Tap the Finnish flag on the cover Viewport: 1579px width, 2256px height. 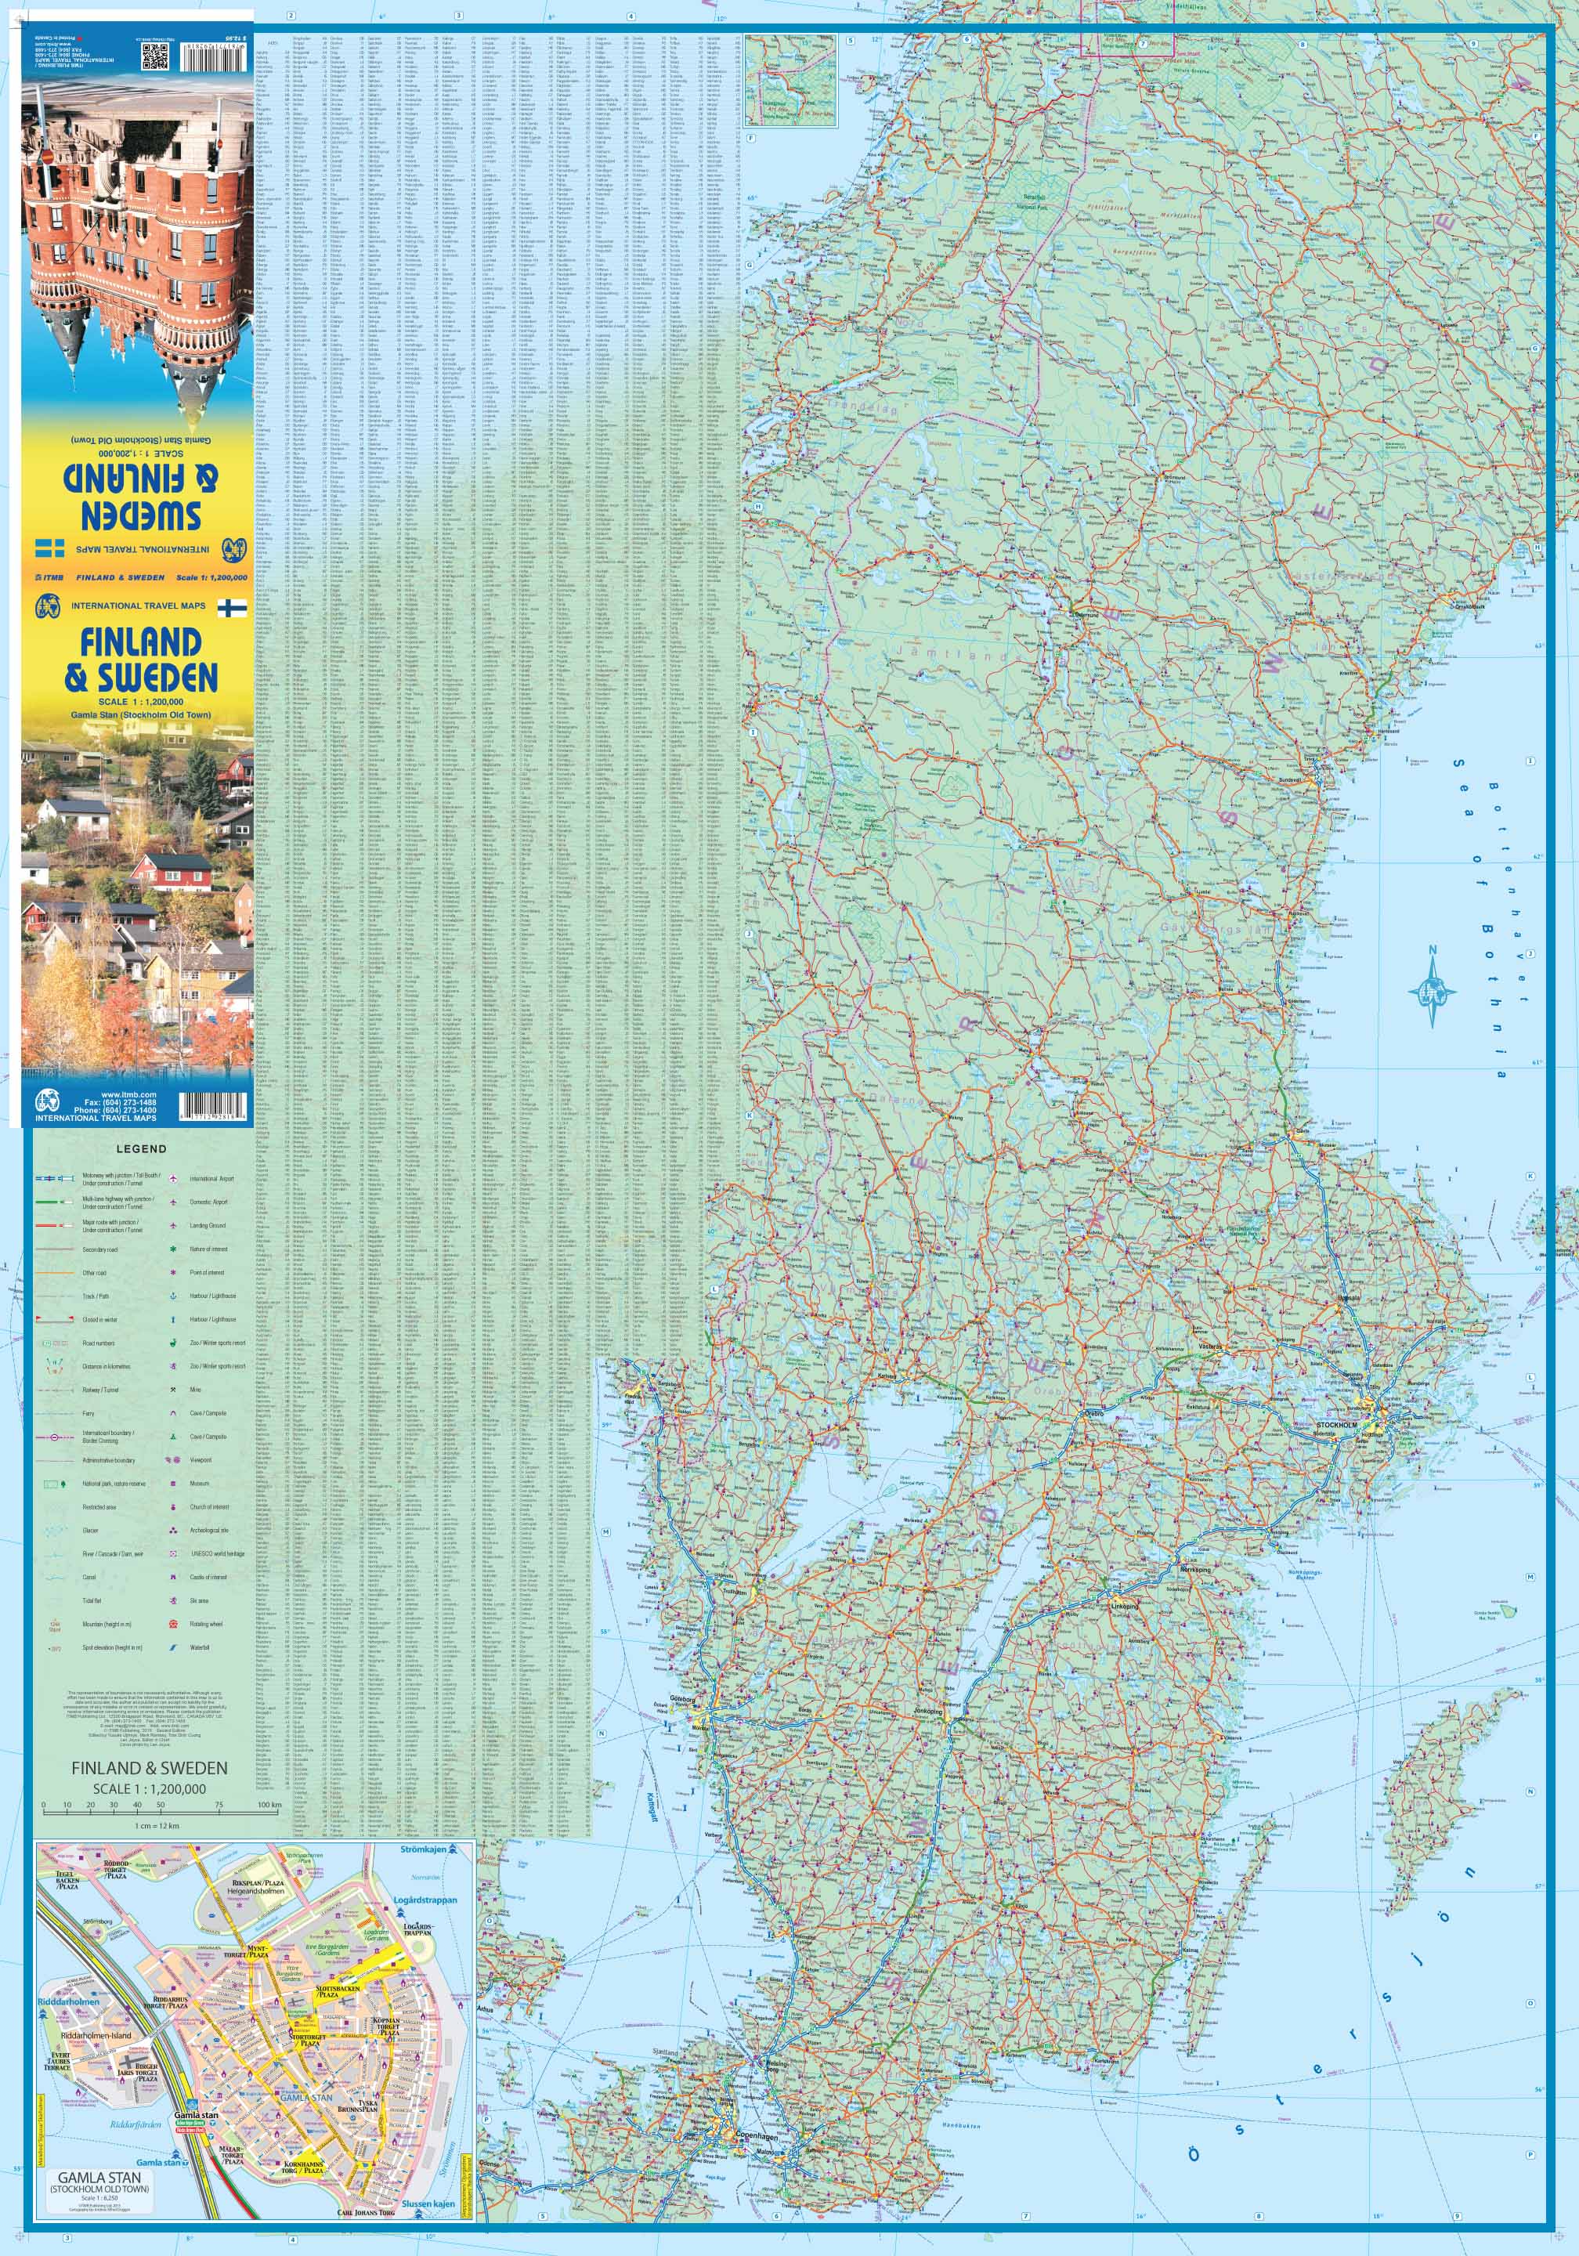[232, 607]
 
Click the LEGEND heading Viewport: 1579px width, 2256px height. [142, 1148]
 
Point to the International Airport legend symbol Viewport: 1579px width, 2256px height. [174, 1178]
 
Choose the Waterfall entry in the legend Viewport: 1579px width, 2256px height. [200, 1647]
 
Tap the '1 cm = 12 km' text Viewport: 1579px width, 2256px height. [157, 1826]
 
